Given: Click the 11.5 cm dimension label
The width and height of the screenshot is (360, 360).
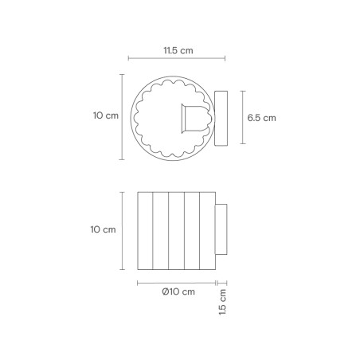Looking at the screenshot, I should click(178, 49).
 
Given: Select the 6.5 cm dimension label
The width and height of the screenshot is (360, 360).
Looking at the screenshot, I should click(261, 118).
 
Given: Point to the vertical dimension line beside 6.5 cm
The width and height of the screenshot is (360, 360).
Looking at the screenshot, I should click(241, 118).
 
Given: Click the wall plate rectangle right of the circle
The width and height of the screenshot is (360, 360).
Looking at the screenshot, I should click(222, 118).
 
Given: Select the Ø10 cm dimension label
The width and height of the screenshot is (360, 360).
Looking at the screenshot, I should click(178, 292).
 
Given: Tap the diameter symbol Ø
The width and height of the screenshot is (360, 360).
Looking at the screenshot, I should click(164, 292).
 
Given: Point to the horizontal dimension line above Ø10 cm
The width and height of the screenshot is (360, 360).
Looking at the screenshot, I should click(177, 282).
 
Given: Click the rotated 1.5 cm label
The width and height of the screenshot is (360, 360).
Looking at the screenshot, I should click(223, 303).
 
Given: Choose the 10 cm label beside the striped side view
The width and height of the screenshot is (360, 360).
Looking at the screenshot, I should click(104, 230).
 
